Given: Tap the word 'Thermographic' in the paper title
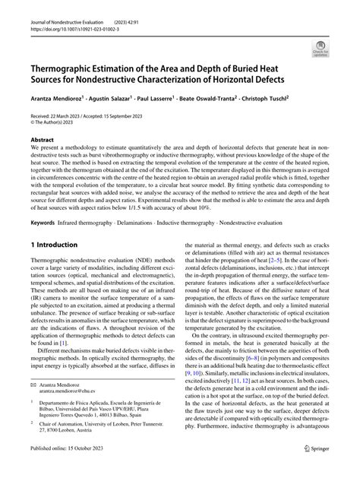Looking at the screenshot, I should (71, 70).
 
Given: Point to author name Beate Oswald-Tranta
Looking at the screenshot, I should (228, 98).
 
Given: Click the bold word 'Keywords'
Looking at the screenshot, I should (44, 222).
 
